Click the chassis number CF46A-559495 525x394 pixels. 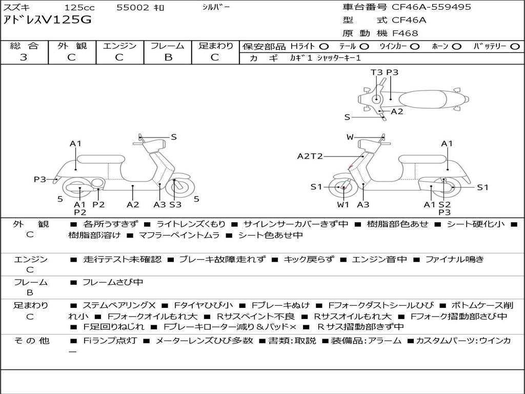tap(431, 7)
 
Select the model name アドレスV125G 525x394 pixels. tap(47, 20)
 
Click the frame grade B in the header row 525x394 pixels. tap(168, 57)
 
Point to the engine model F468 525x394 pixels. tap(405, 33)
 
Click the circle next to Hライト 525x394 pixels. tap(324, 47)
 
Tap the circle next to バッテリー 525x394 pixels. tap(515, 47)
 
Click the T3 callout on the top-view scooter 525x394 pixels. tap(377, 72)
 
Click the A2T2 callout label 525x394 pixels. tap(310, 156)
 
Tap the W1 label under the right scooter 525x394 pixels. tap(343, 204)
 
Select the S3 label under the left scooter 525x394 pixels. tap(175, 204)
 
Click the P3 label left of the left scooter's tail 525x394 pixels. tap(40, 179)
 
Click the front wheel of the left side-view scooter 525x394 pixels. tap(175, 188)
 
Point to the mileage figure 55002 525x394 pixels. tap(133, 7)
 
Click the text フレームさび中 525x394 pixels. tap(113, 283)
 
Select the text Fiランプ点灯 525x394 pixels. tap(110, 341)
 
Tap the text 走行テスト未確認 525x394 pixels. tap(122, 259)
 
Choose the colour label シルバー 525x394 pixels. tap(216, 7)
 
